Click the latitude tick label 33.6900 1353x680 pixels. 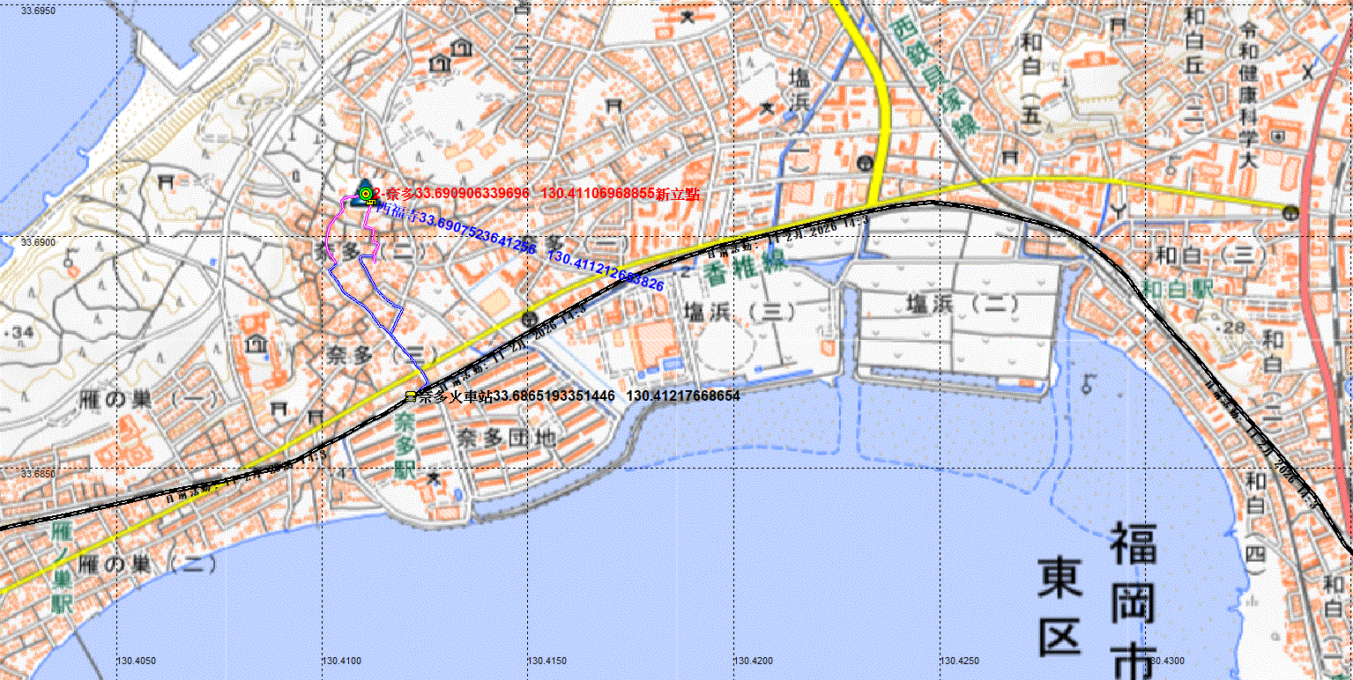coord(37,241)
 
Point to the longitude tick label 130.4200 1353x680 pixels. coord(753,660)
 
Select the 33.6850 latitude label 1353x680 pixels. coord(37,474)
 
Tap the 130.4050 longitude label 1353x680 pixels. coord(137,660)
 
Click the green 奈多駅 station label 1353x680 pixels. coord(405,444)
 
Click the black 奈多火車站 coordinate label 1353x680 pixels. coord(578,396)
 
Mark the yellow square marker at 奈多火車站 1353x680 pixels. coord(410,396)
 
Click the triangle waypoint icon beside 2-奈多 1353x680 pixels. coord(364,193)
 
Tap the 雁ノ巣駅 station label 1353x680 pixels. coord(61,567)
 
